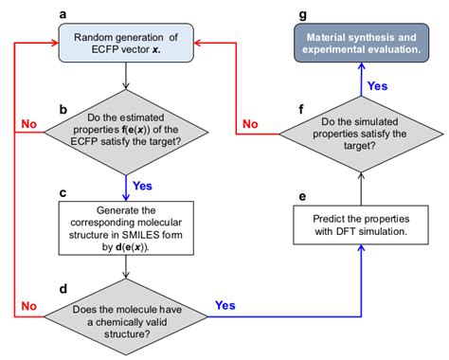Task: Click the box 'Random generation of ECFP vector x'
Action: (x=127, y=43)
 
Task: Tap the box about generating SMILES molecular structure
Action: (x=127, y=227)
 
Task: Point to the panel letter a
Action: (x=63, y=13)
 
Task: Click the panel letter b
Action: (x=63, y=109)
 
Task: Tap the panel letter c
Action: (x=63, y=192)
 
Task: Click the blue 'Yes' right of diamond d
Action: (x=225, y=305)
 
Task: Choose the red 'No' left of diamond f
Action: (x=252, y=123)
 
